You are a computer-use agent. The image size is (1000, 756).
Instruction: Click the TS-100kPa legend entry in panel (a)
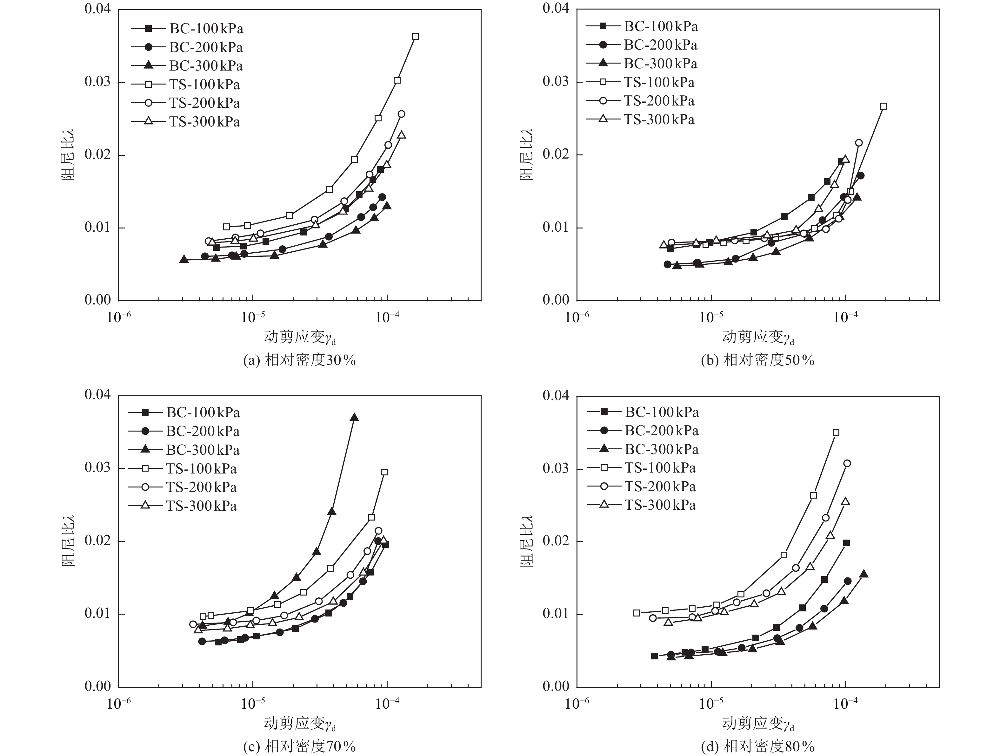click(204, 85)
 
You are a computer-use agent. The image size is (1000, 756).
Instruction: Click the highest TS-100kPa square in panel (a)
click(415, 37)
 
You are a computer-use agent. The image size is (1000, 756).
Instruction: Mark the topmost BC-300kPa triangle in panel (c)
click(354, 418)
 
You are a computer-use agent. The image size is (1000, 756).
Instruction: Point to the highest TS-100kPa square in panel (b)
click(883, 106)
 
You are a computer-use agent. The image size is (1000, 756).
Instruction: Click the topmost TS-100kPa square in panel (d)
click(836, 432)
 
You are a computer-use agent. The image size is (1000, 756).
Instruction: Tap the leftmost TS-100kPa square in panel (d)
click(636, 613)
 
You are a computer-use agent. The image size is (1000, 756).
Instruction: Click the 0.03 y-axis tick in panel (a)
click(98, 82)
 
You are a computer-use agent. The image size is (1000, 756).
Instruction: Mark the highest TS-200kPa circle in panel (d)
click(847, 463)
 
